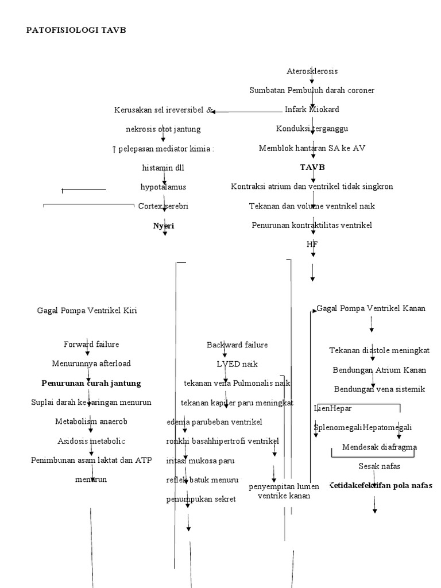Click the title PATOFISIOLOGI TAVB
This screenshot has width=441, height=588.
click(x=76, y=30)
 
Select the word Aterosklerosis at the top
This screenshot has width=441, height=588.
click(x=312, y=71)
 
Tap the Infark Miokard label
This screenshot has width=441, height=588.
click(x=312, y=109)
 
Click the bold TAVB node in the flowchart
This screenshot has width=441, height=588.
click(x=312, y=167)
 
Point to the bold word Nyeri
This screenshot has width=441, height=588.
click(x=163, y=226)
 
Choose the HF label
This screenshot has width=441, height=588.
click(x=312, y=245)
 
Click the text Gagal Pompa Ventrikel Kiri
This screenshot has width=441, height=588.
click(x=87, y=311)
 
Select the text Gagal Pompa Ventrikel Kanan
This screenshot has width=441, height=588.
click(x=371, y=308)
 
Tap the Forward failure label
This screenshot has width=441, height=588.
click(x=91, y=344)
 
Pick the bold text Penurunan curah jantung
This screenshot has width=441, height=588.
click(x=91, y=383)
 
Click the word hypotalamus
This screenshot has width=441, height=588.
click(x=163, y=187)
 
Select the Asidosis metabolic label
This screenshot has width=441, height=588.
click(x=91, y=441)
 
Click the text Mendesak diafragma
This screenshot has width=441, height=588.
click(x=380, y=447)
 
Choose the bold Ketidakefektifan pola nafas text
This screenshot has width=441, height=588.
click(x=380, y=485)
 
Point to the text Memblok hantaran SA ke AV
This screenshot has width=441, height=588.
click(x=312, y=148)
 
